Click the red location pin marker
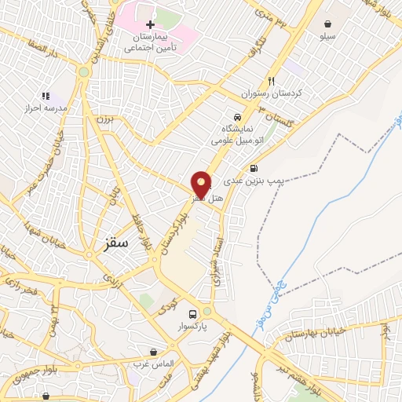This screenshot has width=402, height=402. [x=202, y=185]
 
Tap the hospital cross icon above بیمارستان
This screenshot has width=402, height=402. [x=150, y=25]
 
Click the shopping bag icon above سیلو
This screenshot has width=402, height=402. [x=327, y=24]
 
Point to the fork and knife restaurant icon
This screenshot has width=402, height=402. [x=272, y=80]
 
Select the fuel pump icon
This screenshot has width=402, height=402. [x=253, y=168]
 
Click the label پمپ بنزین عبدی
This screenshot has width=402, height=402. [x=253, y=181]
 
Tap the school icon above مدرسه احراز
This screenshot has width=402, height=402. [x=46, y=95]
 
